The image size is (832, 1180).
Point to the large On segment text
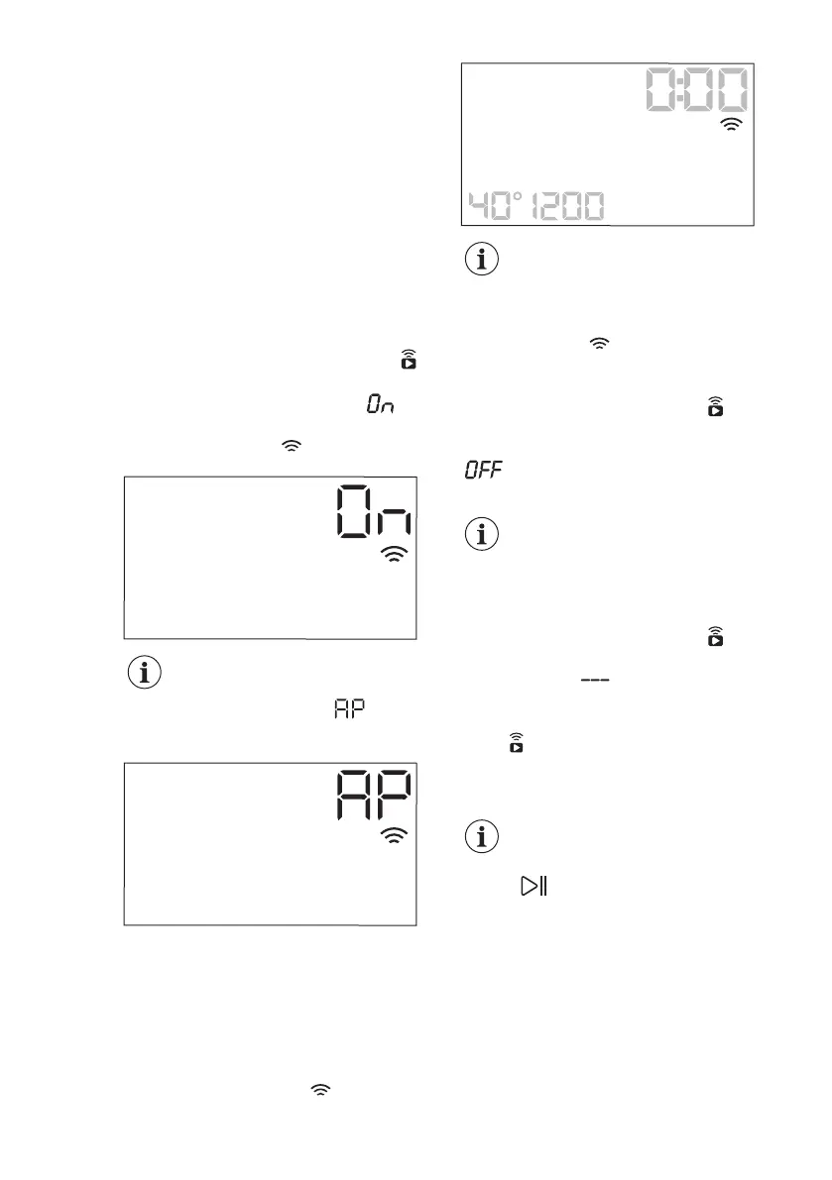click(375, 513)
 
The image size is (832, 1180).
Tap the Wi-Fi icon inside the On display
click(395, 555)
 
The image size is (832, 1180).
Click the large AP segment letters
click(375, 796)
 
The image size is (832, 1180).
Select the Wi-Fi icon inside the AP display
click(395, 837)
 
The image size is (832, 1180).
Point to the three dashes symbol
click(592, 681)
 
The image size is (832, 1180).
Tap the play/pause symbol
click(535, 887)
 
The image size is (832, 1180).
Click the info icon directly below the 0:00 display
click(482, 262)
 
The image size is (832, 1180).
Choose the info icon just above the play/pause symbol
click(482, 836)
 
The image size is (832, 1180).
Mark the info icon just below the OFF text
click(482, 535)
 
